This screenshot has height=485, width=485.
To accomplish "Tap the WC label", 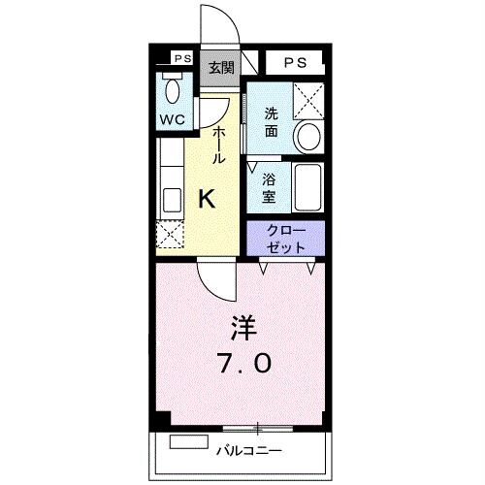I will (x=174, y=120).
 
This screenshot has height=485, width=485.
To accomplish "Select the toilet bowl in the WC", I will (x=174, y=93).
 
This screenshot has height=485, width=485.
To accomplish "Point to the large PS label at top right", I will (x=296, y=62).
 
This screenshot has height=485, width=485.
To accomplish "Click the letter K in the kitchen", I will (x=207, y=199).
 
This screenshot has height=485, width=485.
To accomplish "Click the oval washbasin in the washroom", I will (x=309, y=138).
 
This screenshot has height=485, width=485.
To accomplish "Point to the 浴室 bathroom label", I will (x=271, y=187).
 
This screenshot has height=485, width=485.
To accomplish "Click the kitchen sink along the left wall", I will (x=171, y=199).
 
